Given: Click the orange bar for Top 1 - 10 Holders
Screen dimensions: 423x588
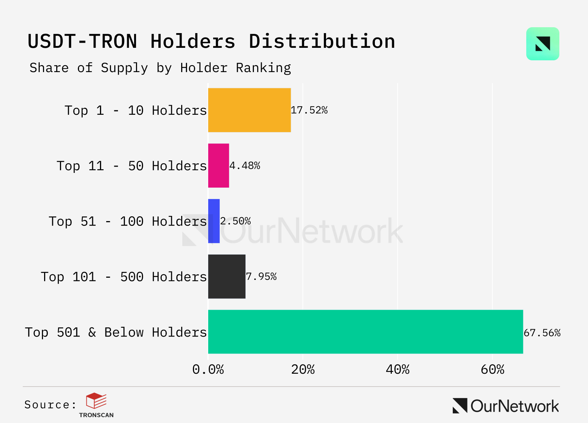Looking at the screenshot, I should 249,110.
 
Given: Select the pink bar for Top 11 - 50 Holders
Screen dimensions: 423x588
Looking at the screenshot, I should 218,166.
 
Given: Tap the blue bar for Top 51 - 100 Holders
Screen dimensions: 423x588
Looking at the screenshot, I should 214,221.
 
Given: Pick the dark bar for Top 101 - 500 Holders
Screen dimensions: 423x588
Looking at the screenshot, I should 226,277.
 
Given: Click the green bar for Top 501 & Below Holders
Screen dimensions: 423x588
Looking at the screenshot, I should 365,332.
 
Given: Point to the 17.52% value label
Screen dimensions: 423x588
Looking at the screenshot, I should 309,110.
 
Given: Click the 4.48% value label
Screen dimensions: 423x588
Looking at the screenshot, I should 245,166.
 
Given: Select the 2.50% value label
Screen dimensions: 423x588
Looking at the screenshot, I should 236,221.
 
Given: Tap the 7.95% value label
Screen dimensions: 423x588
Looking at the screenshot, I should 261,277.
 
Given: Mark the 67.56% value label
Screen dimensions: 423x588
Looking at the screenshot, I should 542,333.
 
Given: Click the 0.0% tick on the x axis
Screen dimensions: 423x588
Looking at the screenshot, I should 208,369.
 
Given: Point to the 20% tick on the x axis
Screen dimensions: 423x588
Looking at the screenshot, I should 303,369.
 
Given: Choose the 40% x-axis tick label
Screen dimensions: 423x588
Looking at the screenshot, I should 398,369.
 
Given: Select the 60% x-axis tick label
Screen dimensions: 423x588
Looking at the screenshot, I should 492,369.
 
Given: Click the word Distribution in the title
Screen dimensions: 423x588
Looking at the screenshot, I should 322,41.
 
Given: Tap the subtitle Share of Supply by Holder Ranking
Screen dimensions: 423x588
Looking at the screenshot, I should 160,68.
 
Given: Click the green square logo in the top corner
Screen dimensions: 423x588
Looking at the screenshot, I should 542,44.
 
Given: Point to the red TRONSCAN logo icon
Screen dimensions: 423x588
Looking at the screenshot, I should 96,401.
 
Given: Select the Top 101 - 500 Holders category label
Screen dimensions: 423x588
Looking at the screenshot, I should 124,277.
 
